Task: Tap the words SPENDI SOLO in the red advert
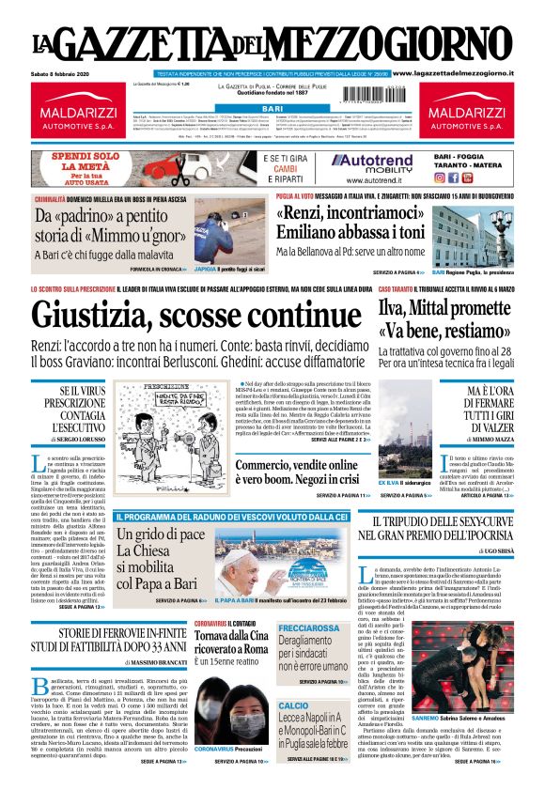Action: pyautogui.click(x=84, y=155)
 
